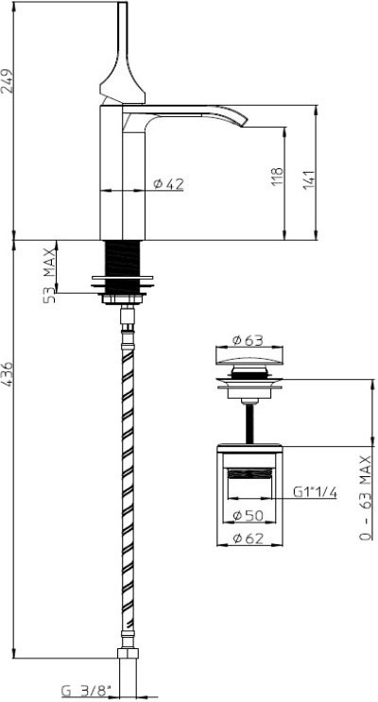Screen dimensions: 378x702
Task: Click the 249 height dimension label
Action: (x=8, y=81)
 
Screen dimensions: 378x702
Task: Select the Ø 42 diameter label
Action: (x=168, y=183)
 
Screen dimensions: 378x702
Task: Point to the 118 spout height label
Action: (x=278, y=177)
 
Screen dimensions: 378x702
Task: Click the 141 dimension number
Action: (x=310, y=179)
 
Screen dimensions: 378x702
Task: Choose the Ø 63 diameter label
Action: (x=248, y=340)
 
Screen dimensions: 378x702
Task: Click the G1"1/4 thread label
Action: (x=315, y=492)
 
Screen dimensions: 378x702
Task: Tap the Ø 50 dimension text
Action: (x=249, y=516)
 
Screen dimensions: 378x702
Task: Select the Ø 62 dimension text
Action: (x=249, y=539)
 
